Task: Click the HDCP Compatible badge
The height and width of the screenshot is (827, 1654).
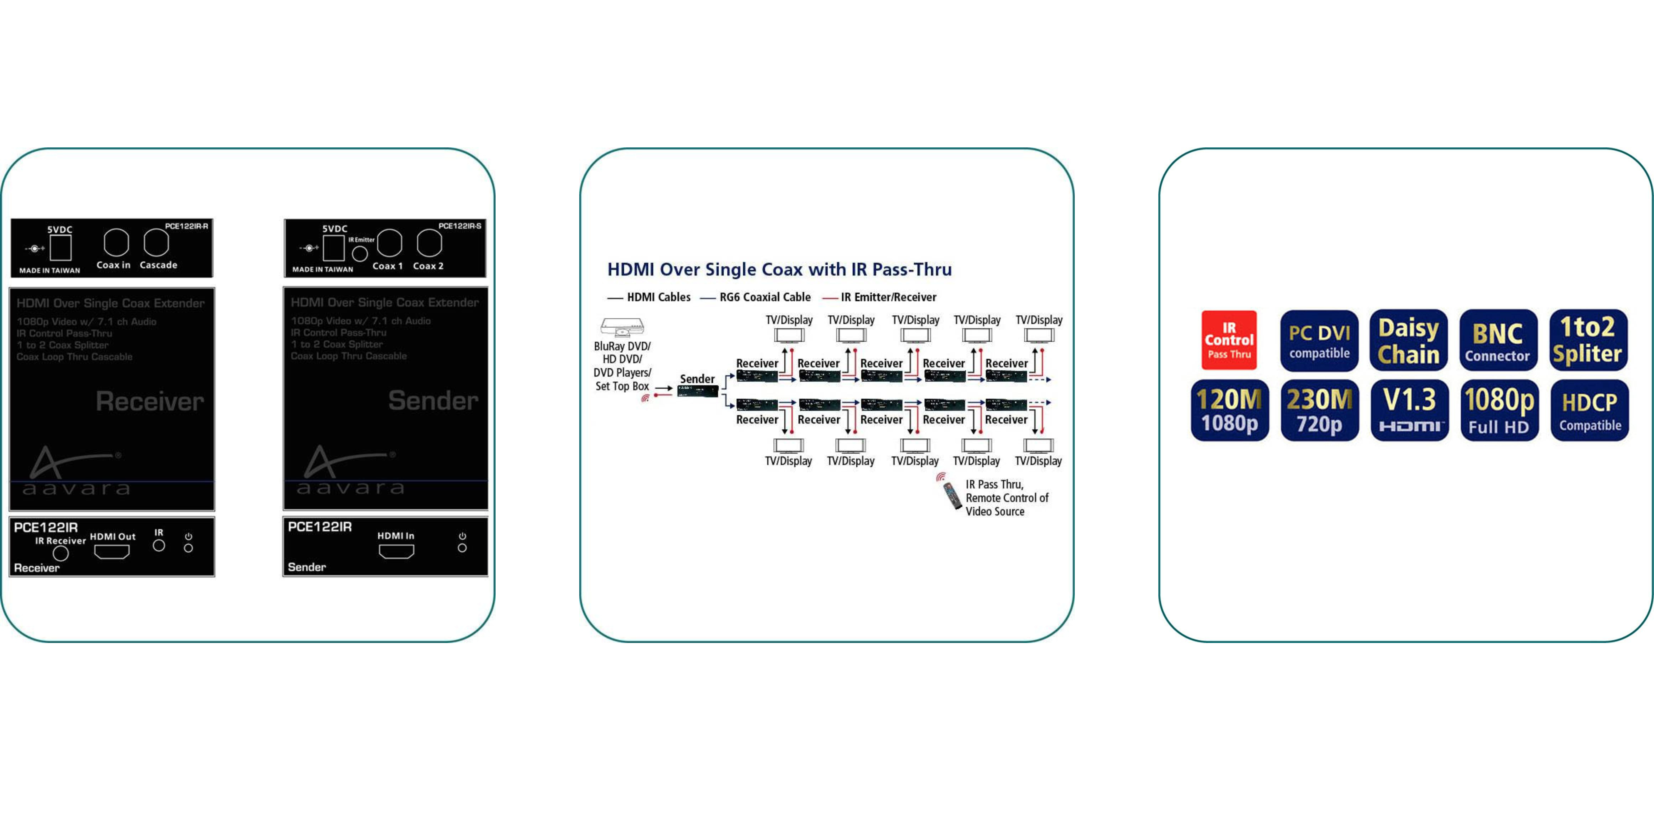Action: coord(1589,410)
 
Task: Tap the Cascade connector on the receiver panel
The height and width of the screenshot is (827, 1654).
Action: coord(156,243)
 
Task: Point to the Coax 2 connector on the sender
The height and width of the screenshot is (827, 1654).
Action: coord(429,243)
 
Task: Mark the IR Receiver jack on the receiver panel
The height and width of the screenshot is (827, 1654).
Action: coord(61,553)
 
